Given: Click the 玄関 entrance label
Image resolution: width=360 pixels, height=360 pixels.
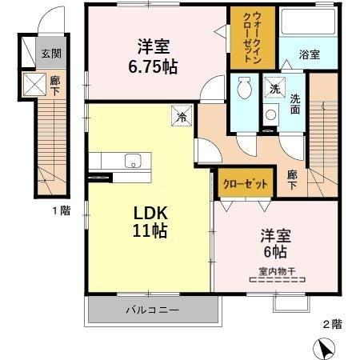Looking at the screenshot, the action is click(51, 54).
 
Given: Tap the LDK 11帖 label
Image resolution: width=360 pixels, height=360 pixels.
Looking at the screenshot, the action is click(150, 222).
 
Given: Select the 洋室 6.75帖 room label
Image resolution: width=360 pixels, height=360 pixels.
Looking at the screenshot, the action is click(153, 57).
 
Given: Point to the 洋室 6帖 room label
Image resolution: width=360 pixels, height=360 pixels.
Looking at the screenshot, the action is click(275, 243).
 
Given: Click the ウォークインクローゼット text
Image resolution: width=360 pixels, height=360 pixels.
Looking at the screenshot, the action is click(252, 38).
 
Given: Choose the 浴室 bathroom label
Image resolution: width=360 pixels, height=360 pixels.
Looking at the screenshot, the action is click(310, 54).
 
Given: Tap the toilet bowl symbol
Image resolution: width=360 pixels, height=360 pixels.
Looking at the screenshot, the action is click(245, 88).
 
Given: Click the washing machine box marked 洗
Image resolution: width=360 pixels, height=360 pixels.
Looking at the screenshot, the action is click(274, 88).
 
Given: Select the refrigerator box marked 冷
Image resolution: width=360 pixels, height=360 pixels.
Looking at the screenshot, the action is click(182, 116).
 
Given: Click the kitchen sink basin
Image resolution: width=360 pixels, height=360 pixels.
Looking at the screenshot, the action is click(133, 161).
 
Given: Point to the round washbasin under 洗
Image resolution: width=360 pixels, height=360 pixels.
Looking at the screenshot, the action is click(270, 114).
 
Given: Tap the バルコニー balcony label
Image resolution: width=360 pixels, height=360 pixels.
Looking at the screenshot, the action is click(153, 310).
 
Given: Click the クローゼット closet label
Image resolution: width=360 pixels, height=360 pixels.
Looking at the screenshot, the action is click(246, 184).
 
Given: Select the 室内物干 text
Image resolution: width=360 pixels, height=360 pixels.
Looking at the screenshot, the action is click(277, 272).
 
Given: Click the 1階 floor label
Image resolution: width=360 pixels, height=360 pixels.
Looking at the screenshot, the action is click(62, 211).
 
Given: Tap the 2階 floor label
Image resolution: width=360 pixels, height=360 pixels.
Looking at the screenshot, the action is click(332, 324).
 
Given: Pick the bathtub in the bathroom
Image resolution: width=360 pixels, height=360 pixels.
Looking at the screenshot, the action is click(308, 22).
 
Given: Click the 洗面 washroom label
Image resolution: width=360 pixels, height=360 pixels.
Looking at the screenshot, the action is click(295, 104).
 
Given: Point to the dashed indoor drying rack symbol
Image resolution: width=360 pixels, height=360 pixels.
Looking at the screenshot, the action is click(278, 280).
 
